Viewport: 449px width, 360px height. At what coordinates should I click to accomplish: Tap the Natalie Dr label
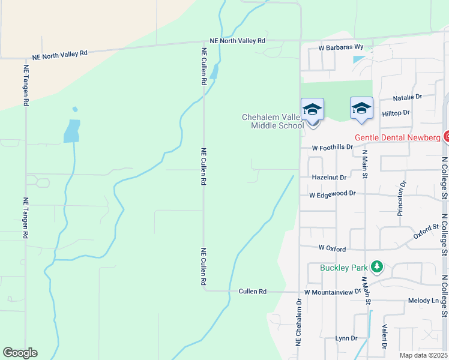[x=408, y=96]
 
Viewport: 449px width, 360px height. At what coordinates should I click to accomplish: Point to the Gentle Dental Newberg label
[x=397, y=137]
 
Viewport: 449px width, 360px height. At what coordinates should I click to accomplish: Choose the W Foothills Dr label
[x=332, y=147]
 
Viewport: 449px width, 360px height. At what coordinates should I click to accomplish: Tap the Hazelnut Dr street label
[x=330, y=178]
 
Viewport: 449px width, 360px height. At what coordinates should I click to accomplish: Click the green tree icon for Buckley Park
[x=377, y=266]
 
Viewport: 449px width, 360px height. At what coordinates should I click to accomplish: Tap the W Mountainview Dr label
[x=333, y=292]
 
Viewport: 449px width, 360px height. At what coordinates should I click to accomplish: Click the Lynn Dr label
[x=346, y=338]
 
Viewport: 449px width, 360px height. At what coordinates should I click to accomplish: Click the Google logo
[x=20, y=353]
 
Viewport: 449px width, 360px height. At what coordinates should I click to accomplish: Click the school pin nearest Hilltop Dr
[x=361, y=109]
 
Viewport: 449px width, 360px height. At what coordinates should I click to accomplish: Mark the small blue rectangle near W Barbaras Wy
[x=358, y=60]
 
